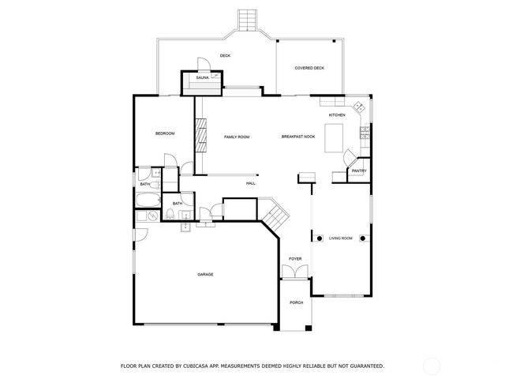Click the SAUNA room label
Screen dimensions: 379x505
(x=202, y=78)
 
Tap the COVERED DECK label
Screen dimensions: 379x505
(x=309, y=68)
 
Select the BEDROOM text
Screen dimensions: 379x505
(x=164, y=133)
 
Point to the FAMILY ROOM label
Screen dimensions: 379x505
(x=237, y=137)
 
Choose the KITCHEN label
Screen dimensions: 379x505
(x=337, y=114)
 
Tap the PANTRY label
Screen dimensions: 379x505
(x=358, y=171)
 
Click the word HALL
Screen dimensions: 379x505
(x=251, y=183)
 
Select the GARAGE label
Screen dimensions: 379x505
(x=205, y=274)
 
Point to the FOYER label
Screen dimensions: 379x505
(x=295, y=259)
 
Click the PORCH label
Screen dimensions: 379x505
(x=296, y=303)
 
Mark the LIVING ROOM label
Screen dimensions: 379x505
(x=341, y=238)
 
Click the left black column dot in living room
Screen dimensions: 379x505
(x=319, y=238)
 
